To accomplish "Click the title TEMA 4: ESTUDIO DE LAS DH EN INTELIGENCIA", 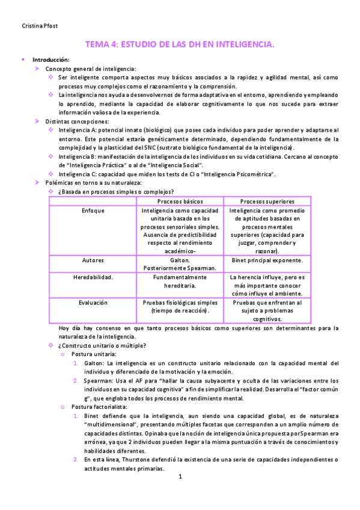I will pyautogui.click(x=180, y=45).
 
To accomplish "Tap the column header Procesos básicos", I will pyautogui.click(x=180, y=201).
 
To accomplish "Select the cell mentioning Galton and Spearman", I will pyautogui.click(x=180, y=265).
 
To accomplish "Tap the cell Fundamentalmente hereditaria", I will pyautogui.click(x=180, y=282).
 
